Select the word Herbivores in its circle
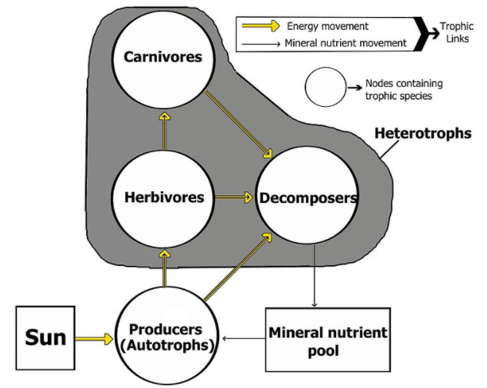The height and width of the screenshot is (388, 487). point(164,197)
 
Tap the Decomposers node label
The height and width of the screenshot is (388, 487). point(308,198)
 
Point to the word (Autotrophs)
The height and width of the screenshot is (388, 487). point(166,346)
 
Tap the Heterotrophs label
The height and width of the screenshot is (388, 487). point(422,133)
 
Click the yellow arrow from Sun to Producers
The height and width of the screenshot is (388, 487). point(95,337)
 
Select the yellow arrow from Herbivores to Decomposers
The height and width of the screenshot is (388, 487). point(234,197)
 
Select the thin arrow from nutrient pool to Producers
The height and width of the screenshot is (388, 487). point(242,337)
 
